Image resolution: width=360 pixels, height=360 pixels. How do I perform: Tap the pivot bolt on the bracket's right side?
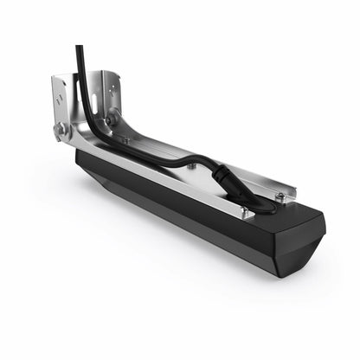click(x=112, y=113)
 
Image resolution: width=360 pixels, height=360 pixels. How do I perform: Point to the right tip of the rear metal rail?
click(x=294, y=189)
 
